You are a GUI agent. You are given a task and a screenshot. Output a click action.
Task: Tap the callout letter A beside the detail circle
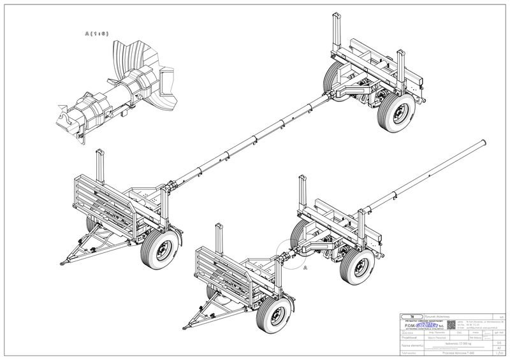pos(306,268)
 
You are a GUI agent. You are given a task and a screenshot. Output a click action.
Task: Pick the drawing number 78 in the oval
pos(412,315)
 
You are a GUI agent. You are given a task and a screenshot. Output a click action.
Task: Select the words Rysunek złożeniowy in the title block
pos(435,315)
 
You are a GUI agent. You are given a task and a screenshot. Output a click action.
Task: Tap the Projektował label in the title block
pos(408,337)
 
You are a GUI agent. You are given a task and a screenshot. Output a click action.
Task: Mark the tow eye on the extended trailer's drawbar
pos(63,261)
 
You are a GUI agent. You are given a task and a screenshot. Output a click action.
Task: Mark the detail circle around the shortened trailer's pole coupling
pos(291,256)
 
